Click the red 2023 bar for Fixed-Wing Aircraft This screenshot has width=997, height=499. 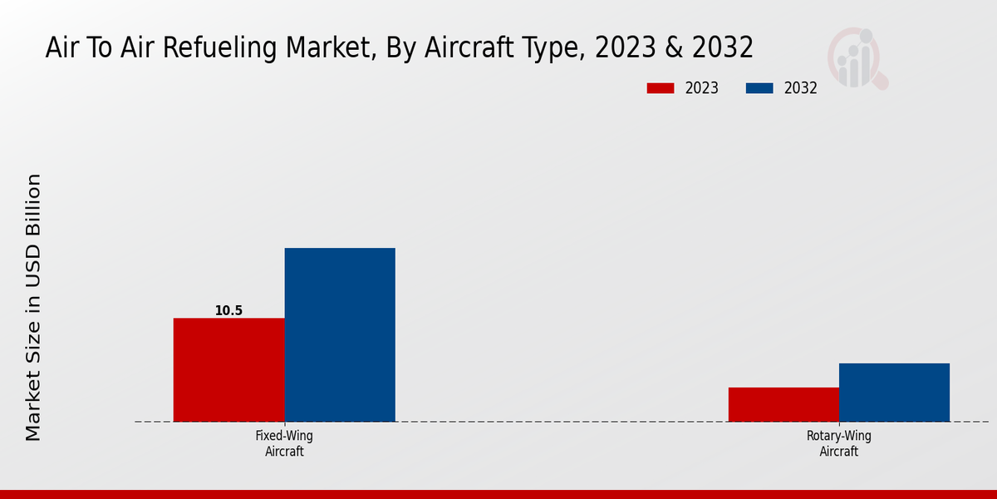pyautogui.click(x=228, y=370)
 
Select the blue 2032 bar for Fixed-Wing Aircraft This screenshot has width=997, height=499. pyautogui.click(x=340, y=334)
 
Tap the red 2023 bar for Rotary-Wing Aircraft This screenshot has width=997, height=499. pyautogui.click(x=783, y=404)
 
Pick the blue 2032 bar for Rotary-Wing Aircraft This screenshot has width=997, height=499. pyautogui.click(x=894, y=393)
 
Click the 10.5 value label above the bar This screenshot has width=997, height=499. pyautogui.click(x=228, y=311)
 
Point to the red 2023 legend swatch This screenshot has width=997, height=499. pyautogui.click(x=661, y=88)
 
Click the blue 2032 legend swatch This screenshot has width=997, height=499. pyautogui.click(x=759, y=88)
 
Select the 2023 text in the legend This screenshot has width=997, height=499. pyautogui.click(x=702, y=88)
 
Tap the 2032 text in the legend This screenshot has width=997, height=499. pyautogui.click(x=801, y=88)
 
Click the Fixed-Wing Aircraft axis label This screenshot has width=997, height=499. pyautogui.click(x=284, y=443)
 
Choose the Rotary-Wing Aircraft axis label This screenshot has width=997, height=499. pyautogui.click(x=838, y=443)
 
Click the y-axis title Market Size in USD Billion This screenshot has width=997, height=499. pyautogui.click(x=33, y=307)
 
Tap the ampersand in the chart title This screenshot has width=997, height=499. pyautogui.click(x=675, y=48)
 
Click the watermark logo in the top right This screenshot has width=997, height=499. pyautogui.click(x=856, y=58)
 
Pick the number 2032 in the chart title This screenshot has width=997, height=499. pyautogui.click(x=723, y=48)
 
